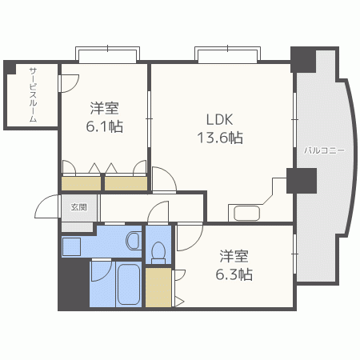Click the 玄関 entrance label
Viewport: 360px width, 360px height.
[78, 206]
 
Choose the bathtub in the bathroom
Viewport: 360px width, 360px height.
[128, 284]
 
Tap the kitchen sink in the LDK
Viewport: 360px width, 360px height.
[243, 213]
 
